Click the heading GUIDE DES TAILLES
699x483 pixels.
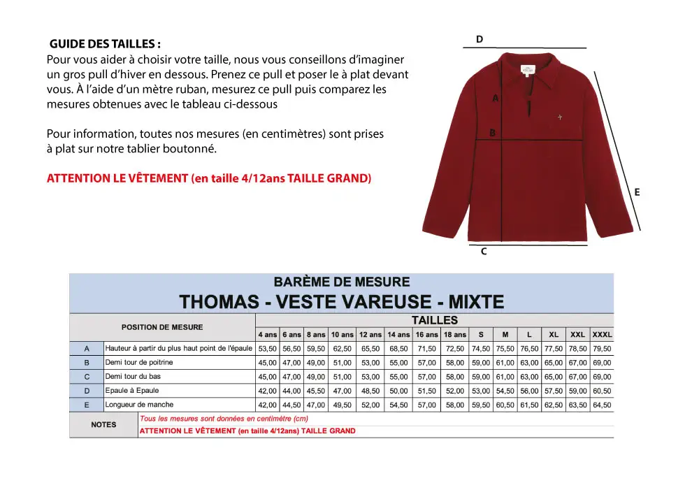(x=106, y=44)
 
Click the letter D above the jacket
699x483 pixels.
(x=480, y=39)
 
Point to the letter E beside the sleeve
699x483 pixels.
(x=637, y=192)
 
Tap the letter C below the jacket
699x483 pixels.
(x=484, y=252)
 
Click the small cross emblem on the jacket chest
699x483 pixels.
(x=560, y=117)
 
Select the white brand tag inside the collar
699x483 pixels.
(x=526, y=70)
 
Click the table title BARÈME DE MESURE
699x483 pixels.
(x=342, y=282)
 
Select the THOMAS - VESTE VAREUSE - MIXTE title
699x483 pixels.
(x=342, y=302)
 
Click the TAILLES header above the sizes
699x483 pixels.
(x=434, y=320)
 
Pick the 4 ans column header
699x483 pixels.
(x=268, y=335)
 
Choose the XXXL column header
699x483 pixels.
(x=602, y=335)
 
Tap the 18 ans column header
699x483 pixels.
(x=455, y=335)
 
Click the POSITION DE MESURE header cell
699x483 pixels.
(x=162, y=327)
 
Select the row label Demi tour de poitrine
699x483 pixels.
(x=139, y=363)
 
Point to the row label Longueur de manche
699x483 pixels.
(x=139, y=405)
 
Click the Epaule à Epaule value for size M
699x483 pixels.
(x=505, y=391)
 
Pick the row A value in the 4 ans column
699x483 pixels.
(x=268, y=349)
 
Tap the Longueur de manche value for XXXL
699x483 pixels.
(x=602, y=405)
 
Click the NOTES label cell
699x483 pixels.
(x=103, y=424)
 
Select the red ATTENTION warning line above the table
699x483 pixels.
(x=209, y=178)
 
